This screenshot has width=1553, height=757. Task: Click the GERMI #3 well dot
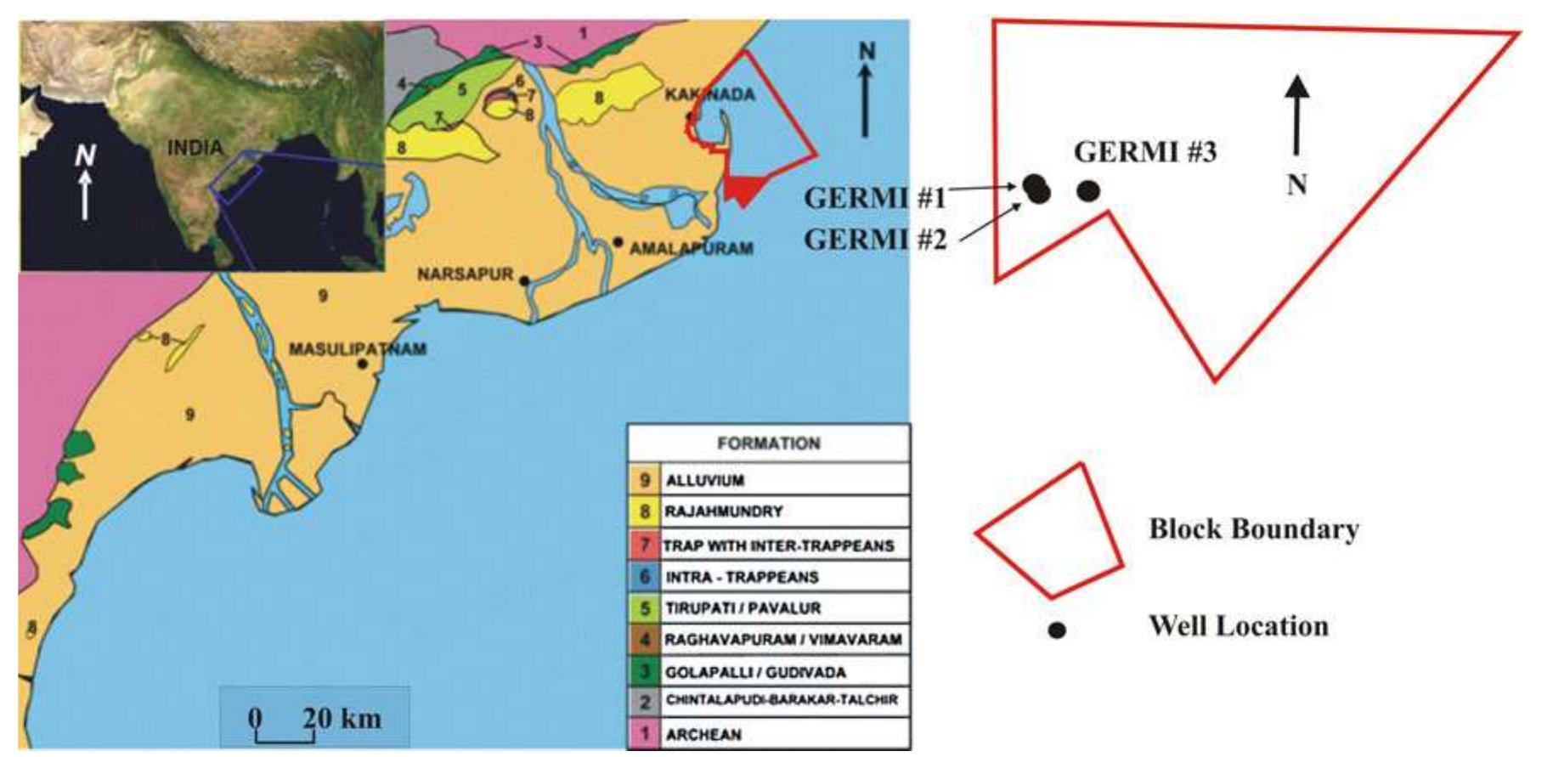(1088, 191)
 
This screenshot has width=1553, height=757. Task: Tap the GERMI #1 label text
(874, 198)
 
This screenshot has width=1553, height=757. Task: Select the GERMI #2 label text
(874, 240)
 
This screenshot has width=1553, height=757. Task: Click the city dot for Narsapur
(525, 280)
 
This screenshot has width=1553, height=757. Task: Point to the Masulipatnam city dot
(363, 364)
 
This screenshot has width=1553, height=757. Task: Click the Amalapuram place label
(691, 249)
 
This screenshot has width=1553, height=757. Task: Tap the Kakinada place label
(709, 94)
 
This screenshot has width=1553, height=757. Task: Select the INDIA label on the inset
(195, 148)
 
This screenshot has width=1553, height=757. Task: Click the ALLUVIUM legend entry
(704, 481)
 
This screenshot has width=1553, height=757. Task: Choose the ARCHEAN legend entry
(703, 735)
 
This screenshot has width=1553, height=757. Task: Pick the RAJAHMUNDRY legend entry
(723, 512)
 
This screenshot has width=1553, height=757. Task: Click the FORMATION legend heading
(768, 443)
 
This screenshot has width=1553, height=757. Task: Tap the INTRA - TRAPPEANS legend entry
(741, 578)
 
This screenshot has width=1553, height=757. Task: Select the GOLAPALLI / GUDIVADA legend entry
(754, 673)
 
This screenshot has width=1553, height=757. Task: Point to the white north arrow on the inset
(85, 191)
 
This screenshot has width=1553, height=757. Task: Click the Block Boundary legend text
(1253, 529)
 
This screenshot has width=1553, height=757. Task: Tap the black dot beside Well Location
(1057, 630)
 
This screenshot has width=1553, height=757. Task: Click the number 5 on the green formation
(462, 89)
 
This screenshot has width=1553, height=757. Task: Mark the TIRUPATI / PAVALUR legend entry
(742, 609)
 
